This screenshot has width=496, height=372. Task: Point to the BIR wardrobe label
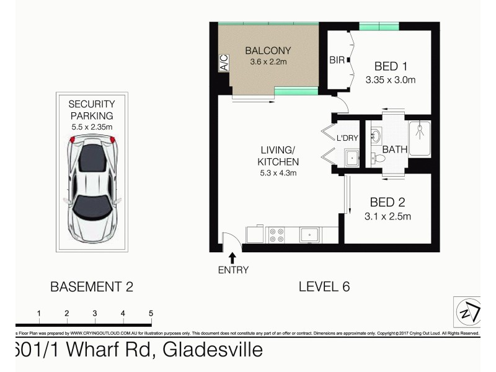337,61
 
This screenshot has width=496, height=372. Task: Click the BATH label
394,149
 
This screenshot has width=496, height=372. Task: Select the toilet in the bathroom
379,157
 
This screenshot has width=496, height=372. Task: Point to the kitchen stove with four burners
275,235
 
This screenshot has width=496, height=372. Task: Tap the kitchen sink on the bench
309,235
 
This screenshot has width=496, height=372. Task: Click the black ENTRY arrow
232,256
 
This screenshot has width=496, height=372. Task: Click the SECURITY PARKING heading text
91,110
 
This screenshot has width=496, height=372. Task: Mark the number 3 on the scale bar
94,314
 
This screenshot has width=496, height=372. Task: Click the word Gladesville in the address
213,350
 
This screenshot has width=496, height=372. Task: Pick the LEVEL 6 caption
324,286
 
